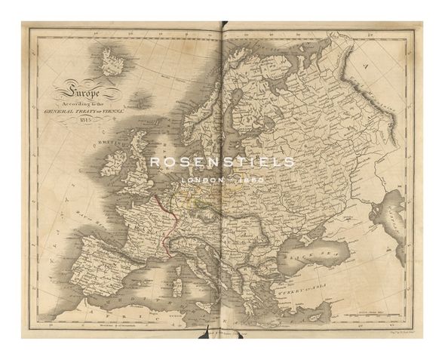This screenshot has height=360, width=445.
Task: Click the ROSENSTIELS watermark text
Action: point(222,162)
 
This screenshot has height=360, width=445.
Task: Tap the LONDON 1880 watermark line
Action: point(222,181)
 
